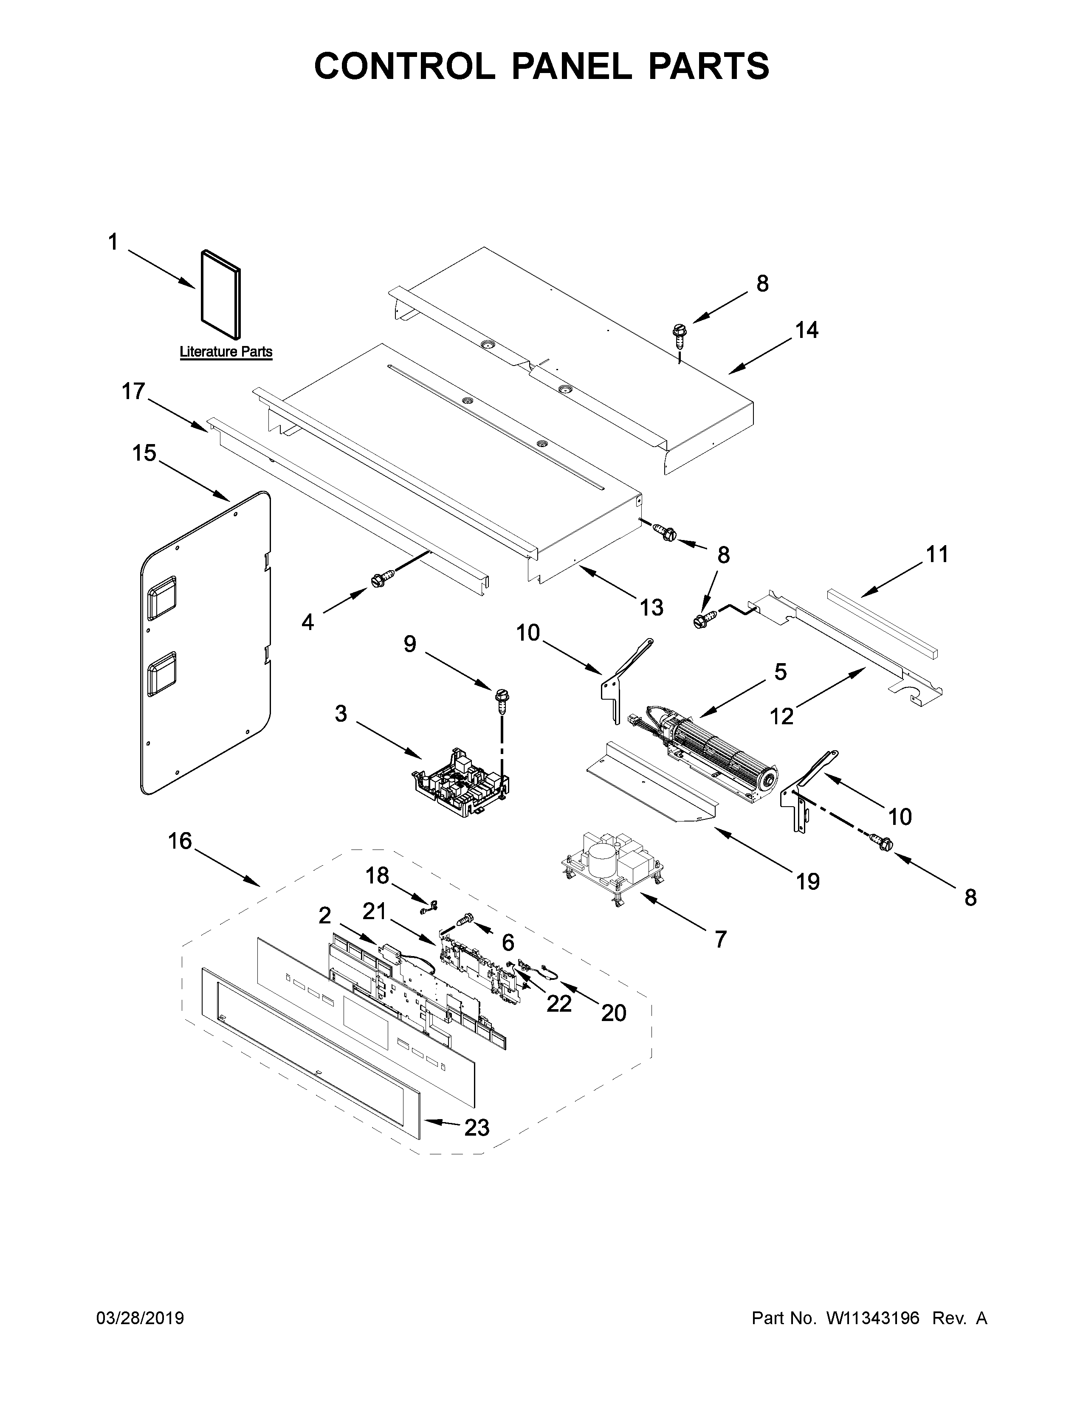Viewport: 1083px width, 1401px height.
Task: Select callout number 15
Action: (x=144, y=453)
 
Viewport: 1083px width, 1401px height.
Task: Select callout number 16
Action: (x=180, y=840)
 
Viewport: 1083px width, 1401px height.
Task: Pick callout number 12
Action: (x=782, y=715)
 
